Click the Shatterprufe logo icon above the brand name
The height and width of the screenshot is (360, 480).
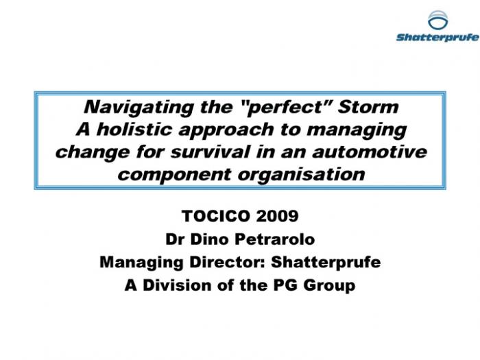point(437,20)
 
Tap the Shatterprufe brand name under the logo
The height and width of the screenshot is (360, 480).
point(437,37)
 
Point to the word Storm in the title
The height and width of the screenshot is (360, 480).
point(368,107)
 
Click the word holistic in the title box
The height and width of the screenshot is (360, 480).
point(134,129)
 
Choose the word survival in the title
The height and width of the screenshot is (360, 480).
point(211,152)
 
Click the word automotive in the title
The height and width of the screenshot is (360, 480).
point(370,152)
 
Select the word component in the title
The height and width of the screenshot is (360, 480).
point(174,175)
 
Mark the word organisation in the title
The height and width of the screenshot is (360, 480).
point(302,175)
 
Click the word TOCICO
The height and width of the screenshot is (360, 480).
point(216,216)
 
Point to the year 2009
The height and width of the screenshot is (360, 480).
point(277,216)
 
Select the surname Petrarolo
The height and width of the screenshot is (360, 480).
point(274,239)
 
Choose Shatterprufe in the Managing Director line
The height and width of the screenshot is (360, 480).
point(326,263)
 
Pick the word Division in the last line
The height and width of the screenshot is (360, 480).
point(177,285)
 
